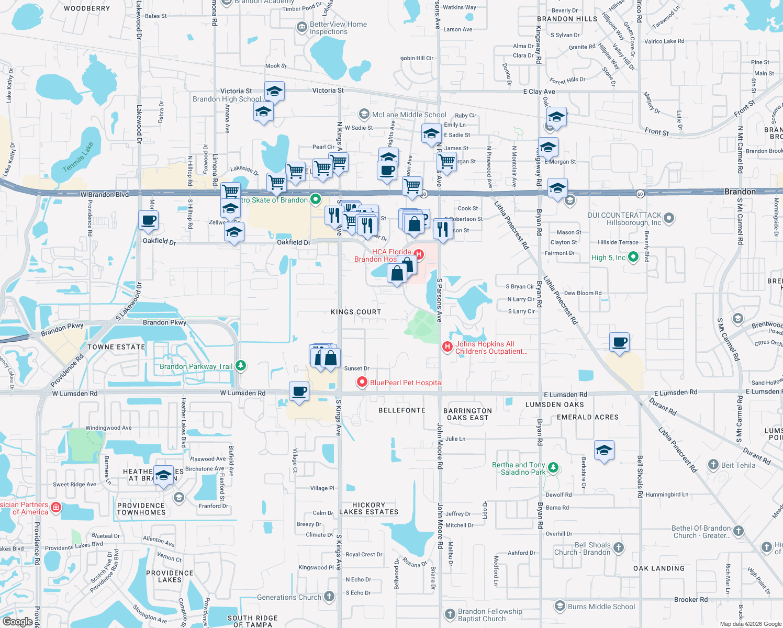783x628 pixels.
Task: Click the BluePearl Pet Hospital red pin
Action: click(362, 383)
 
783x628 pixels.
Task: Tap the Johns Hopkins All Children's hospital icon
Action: click(447, 346)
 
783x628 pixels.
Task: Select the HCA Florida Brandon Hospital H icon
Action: click(419, 254)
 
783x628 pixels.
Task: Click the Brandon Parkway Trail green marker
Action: click(241, 366)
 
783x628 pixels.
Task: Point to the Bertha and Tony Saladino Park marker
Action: click(553, 468)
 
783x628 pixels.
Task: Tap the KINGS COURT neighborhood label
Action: click(356, 312)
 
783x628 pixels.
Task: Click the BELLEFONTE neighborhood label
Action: click(402, 410)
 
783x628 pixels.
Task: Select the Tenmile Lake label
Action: click(78, 156)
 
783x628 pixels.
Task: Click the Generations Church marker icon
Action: click(329, 596)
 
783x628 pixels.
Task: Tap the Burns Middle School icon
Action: click(560, 606)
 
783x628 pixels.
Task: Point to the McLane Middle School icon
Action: click(364, 114)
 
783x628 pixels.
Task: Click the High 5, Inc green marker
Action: click(633, 257)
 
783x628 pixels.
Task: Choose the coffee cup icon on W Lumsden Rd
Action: click(299, 392)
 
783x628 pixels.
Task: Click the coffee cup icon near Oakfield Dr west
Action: click(149, 220)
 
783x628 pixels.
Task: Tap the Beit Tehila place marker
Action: click(713, 464)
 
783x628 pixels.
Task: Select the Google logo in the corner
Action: click(17, 621)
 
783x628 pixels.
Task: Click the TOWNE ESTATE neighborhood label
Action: click(116, 347)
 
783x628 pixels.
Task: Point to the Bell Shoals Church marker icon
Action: click(619, 547)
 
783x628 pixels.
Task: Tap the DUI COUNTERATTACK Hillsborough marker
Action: click(669, 218)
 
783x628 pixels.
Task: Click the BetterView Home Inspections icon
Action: click(301, 27)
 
